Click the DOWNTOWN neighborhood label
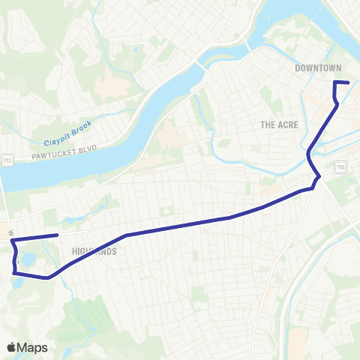(x=318, y=68)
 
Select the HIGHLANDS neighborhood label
(x=94, y=252)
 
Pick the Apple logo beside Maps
(x=13, y=347)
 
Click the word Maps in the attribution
(x=32, y=347)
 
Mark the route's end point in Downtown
(x=349, y=82)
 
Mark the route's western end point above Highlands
(x=58, y=235)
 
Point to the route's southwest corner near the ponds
(x=14, y=272)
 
